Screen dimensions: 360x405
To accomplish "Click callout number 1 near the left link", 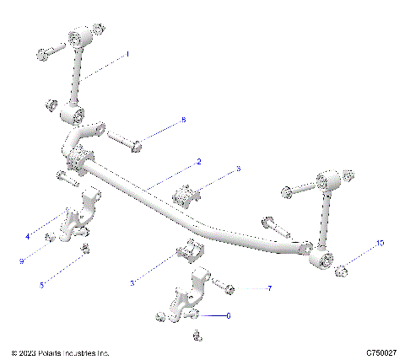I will (127, 53).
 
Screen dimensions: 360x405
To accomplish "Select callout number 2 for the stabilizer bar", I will (198, 161).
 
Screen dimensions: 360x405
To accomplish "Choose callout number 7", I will (269, 289).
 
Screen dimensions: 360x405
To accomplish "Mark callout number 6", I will (227, 315).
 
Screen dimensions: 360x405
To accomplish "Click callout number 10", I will (380, 244).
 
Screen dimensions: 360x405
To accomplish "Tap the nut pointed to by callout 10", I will (342, 271).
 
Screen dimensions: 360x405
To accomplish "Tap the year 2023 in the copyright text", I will (27, 352).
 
